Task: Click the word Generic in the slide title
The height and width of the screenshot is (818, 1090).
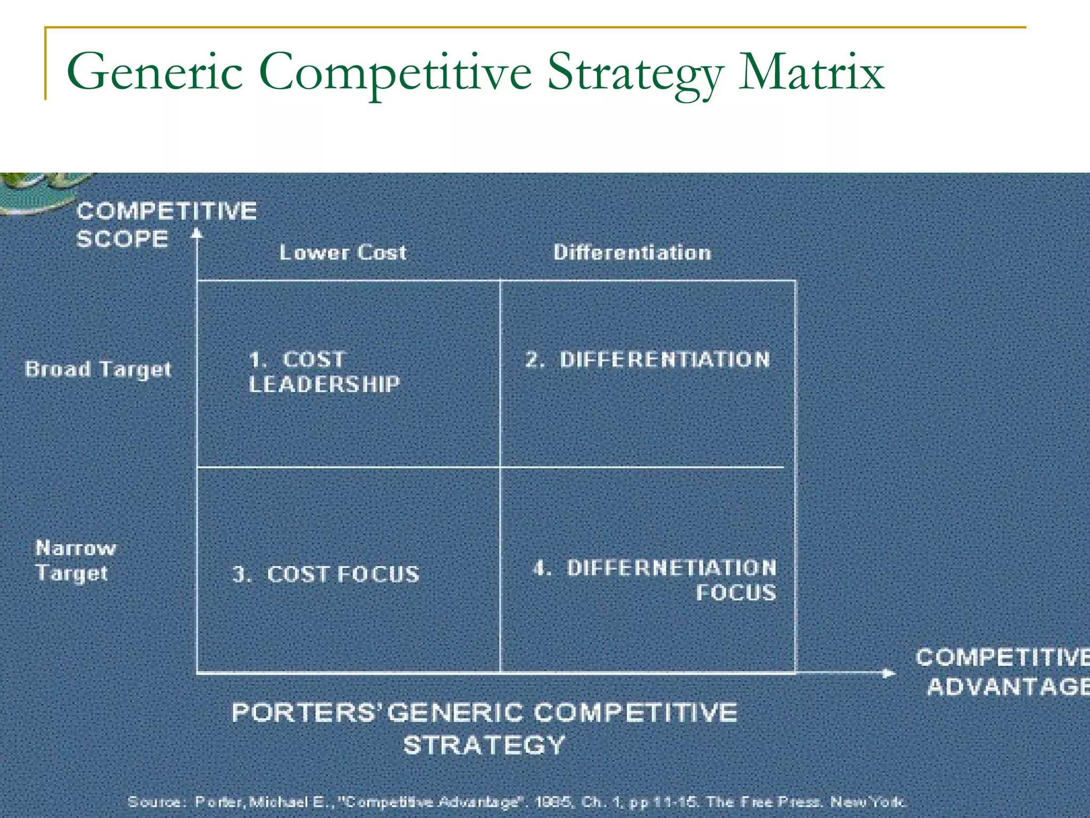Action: click(x=154, y=72)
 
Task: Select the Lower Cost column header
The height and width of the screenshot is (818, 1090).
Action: click(x=343, y=252)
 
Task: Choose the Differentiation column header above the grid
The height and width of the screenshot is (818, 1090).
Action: click(x=632, y=252)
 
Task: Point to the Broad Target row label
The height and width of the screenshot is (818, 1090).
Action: click(x=98, y=369)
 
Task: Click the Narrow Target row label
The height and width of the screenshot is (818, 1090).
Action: click(x=75, y=560)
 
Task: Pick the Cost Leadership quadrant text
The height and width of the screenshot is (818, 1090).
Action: click(x=324, y=372)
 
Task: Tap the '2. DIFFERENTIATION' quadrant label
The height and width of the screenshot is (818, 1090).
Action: click(x=648, y=359)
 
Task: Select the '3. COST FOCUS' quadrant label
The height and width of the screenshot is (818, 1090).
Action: click(x=326, y=574)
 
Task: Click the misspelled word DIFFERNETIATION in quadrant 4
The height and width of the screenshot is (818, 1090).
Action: click(x=671, y=568)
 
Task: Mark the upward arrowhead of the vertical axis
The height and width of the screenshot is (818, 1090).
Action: click(x=197, y=233)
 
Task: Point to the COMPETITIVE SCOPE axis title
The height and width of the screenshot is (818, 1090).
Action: click(x=166, y=225)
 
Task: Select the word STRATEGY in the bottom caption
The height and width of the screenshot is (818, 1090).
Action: click(x=484, y=745)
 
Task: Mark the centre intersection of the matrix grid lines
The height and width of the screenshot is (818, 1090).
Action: click(x=500, y=467)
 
